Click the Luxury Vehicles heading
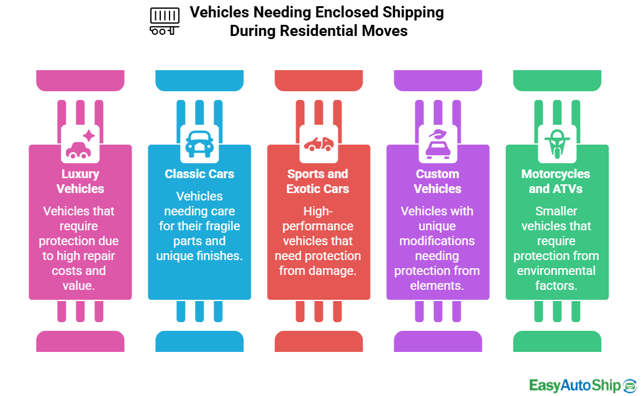pyautogui.click(x=80, y=181)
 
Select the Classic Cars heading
pyautogui.click(x=199, y=174)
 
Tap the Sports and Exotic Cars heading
pyautogui.click(x=318, y=181)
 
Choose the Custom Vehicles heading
pyautogui.click(x=438, y=181)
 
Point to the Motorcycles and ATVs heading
pyautogui.click(x=556, y=181)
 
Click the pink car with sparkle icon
pyautogui.click(x=80, y=144)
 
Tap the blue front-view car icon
pyautogui.click(x=199, y=144)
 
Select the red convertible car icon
pyautogui.click(x=318, y=144)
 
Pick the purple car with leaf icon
pyautogui.click(x=438, y=144)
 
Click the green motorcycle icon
pyautogui.click(x=556, y=144)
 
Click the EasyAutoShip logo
pyautogui.click(x=583, y=385)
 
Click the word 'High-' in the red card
pyautogui.click(x=318, y=211)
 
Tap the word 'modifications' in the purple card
pyautogui.click(x=438, y=241)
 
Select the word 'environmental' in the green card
pyautogui.click(x=556, y=271)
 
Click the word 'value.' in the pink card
pyautogui.click(x=80, y=286)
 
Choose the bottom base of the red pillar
pyautogui.click(x=318, y=341)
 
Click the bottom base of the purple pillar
pyautogui.click(x=438, y=341)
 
